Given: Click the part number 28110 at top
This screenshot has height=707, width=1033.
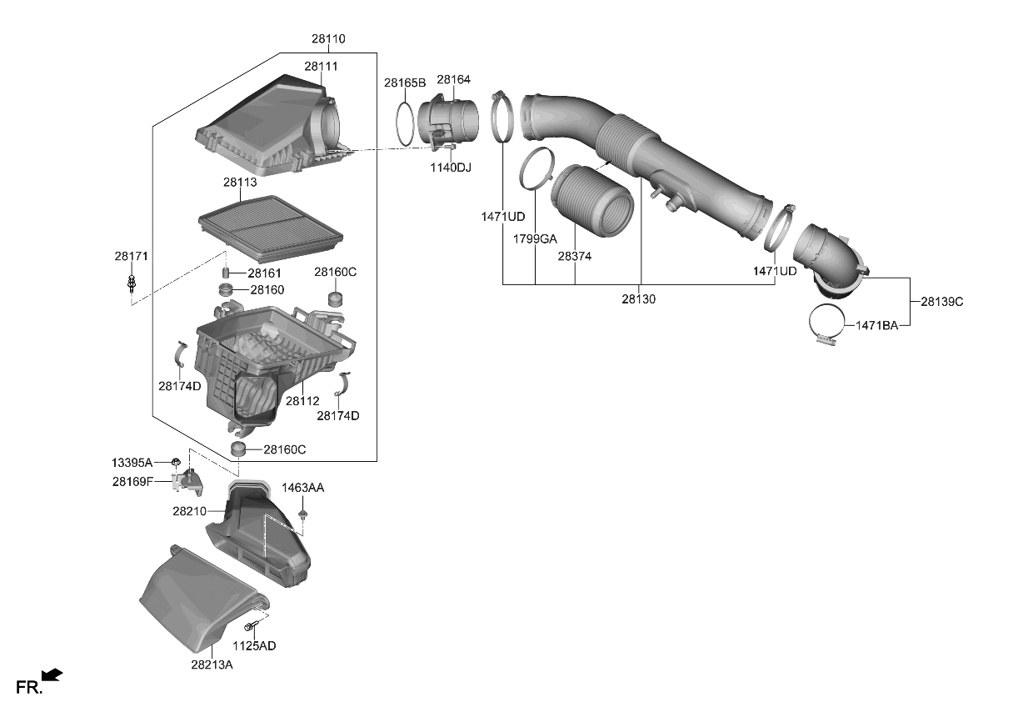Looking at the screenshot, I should [x=328, y=39].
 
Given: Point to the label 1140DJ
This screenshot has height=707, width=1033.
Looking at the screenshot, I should [x=451, y=168].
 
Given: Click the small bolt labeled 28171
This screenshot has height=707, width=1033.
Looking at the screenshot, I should [x=131, y=283].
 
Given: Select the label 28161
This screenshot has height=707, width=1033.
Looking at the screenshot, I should [x=267, y=273].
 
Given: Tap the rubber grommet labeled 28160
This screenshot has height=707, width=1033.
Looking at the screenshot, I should [x=224, y=289].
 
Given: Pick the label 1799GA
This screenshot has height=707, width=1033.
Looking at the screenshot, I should [x=535, y=239].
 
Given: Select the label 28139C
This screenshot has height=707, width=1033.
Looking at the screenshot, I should [x=941, y=302].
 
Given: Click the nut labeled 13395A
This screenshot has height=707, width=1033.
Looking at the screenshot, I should [x=177, y=461].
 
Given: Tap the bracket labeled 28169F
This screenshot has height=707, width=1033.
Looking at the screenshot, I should [x=187, y=479].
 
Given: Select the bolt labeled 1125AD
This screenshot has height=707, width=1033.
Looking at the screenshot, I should [x=250, y=625].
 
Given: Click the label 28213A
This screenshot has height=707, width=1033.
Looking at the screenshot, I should [x=212, y=664].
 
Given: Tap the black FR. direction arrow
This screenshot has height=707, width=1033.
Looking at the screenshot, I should [x=52, y=675].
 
